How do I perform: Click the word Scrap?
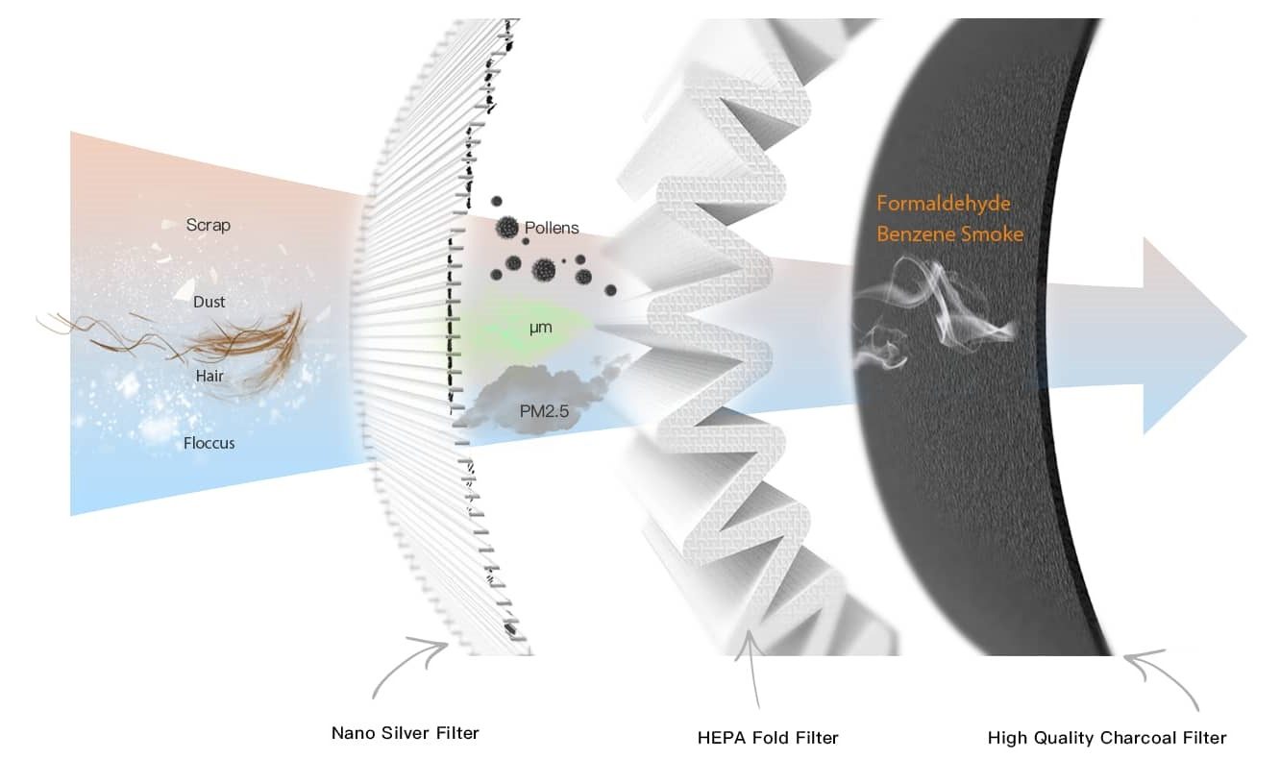(x=208, y=225)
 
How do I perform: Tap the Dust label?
(x=209, y=302)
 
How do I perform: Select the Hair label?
(x=209, y=376)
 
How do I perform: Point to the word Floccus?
(x=209, y=443)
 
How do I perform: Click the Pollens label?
(x=552, y=228)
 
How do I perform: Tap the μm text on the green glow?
(x=541, y=328)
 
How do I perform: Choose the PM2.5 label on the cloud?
(x=544, y=411)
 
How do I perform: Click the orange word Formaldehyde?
(x=944, y=204)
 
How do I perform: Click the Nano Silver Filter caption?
(x=406, y=733)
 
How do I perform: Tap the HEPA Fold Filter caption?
(x=768, y=738)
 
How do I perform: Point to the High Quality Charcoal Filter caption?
(x=1107, y=738)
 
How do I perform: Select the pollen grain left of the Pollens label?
(x=506, y=228)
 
